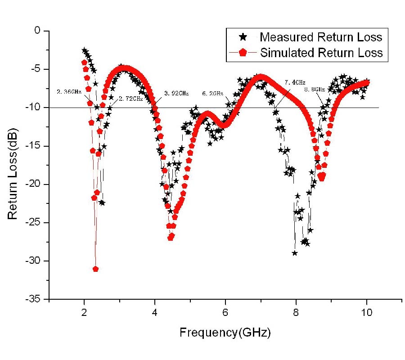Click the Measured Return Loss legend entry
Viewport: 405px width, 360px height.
point(320,36)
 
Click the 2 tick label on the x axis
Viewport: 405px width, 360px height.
point(84,312)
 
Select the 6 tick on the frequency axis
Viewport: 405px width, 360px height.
point(225,312)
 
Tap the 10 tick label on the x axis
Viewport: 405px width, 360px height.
point(367,312)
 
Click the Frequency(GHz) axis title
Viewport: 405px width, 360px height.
point(225,333)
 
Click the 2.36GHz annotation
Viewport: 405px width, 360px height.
point(69,92)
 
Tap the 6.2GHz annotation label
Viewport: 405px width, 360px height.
point(213,94)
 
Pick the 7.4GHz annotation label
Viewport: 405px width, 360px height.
point(295,82)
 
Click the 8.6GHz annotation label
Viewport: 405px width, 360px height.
point(314,90)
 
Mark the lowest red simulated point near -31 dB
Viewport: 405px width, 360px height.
point(95,269)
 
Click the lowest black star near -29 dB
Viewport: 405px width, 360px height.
point(295,253)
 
